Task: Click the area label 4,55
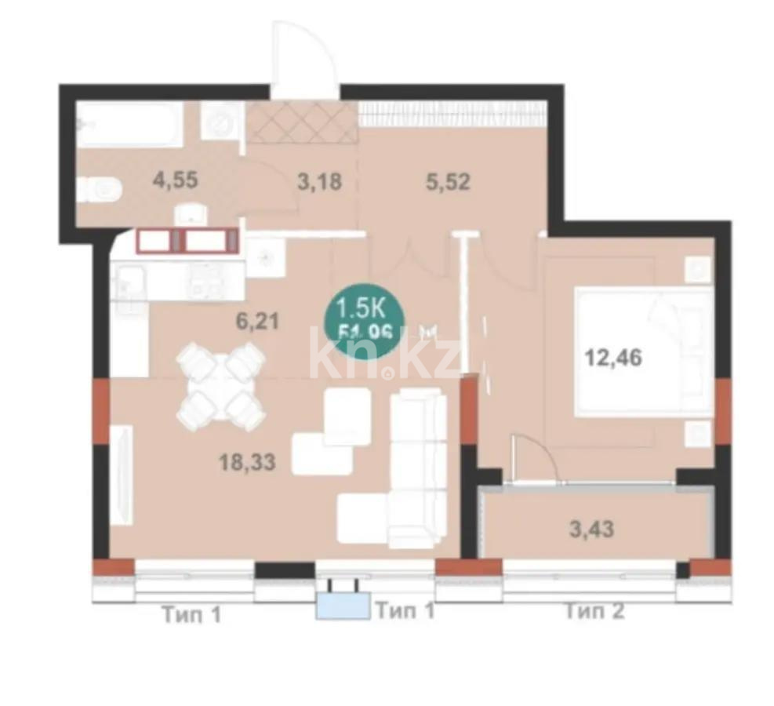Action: [x=175, y=179]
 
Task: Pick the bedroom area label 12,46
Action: [x=613, y=358]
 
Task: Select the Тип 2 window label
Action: [x=594, y=611]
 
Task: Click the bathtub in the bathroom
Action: [x=130, y=126]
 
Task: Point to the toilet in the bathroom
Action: [x=103, y=189]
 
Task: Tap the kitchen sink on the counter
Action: [x=129, y=282]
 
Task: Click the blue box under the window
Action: [x=342, y=607]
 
